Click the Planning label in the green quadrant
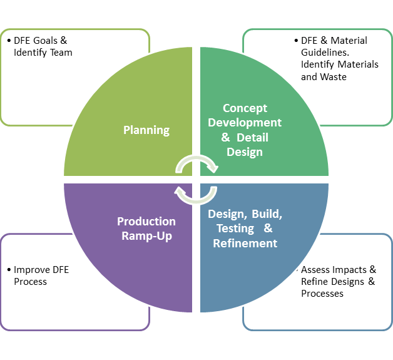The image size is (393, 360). point(146,130)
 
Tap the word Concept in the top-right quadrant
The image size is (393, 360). point(245,108)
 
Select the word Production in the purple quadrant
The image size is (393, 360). point(146,222)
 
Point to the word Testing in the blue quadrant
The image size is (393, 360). point(235,229)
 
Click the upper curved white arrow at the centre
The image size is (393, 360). point(196,164)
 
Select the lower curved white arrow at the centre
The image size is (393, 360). point(195,195)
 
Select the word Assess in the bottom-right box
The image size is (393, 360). point(316,270)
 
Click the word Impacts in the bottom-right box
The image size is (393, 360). point(351,270)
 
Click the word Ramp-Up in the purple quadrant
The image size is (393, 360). point(146,236)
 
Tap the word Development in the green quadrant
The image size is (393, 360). point(245,123)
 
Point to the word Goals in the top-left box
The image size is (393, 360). point(50,41)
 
